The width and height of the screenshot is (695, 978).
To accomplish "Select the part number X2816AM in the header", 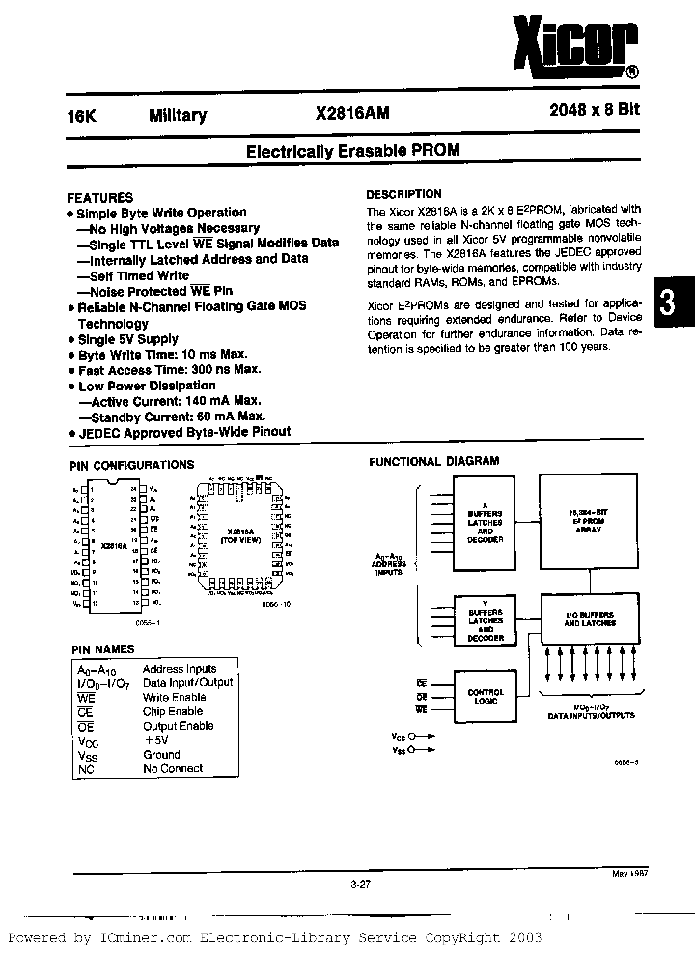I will tap(353, 114).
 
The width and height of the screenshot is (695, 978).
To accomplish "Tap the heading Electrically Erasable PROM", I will tap(352, 151).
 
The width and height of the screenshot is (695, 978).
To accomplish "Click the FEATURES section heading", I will tap(99, 196).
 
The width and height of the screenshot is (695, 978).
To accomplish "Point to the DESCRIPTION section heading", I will tap(403, 194).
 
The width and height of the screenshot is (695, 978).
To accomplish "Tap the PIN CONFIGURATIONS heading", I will tap(132, 465).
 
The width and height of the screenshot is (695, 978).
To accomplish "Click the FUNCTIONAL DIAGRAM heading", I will tap(434, 462).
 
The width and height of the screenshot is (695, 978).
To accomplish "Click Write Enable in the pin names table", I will tap(174, 697).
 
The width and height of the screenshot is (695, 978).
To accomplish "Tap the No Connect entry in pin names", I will tap(173, 768).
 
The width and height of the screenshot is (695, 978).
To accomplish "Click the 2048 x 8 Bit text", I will tap(587, 111).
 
